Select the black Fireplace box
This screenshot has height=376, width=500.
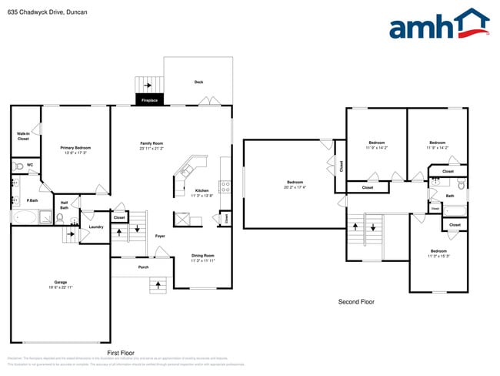click(149, 100)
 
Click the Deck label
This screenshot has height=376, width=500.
click(198, 82)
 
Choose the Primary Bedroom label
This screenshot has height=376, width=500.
click(75, 148)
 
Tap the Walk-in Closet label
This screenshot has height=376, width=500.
click(23, 136)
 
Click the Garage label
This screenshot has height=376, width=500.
click(60, 282)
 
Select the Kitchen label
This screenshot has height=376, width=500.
click(202, 191)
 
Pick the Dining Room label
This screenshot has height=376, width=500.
click(202, 256)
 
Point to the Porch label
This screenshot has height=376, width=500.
click(143, 267)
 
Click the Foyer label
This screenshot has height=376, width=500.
click(160, 236)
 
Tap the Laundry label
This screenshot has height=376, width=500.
click(96, 227)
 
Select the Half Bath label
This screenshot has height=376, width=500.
click(65, 205)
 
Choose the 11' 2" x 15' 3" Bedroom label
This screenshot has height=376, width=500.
click(438, 253)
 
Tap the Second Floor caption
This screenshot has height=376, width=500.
click(356, 302)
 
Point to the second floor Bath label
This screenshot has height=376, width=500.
click(450, 196)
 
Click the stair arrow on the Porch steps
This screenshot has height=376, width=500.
click(159, 285)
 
